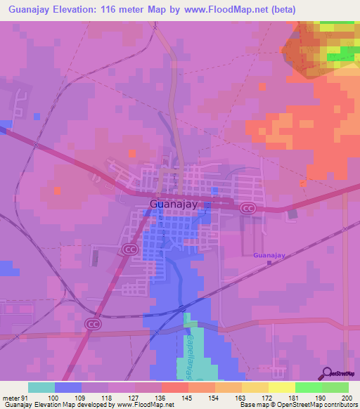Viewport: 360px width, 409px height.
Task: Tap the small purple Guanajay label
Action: click(269, 256)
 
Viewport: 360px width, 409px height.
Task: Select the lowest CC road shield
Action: click(93, 323)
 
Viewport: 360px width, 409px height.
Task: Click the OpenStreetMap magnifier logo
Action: click(326, 374)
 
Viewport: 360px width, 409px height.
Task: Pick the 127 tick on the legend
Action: click(134, 398)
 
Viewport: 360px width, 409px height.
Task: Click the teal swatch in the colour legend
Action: click(41, 387)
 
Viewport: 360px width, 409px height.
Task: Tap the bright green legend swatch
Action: click(308, 387)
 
